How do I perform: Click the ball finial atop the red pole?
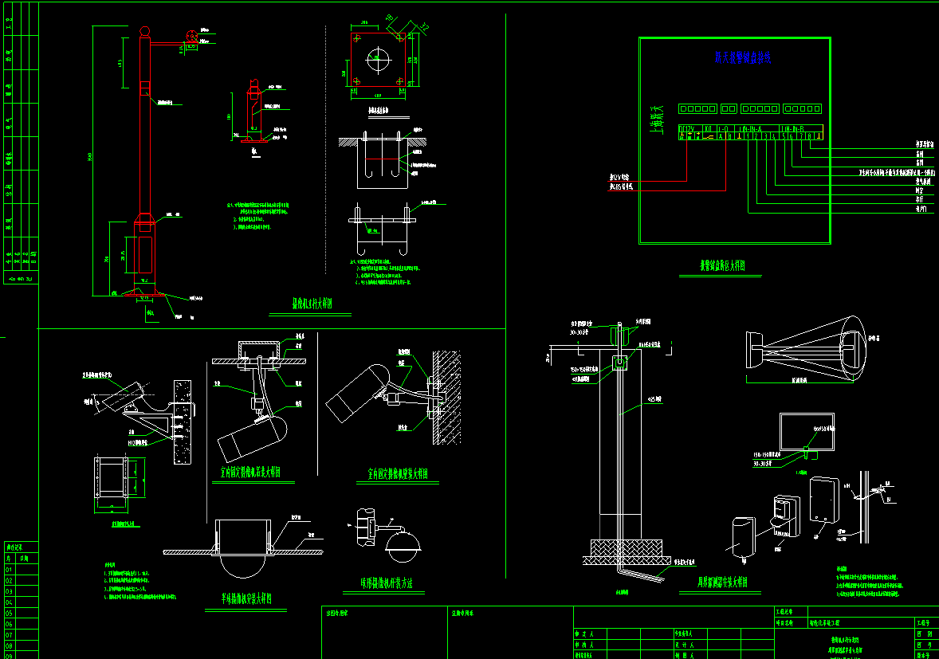tap(144, 31)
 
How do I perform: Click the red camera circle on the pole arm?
tap(192, 36)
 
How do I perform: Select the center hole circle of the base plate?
tap(379, 60)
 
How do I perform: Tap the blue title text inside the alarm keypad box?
tap(743, 57)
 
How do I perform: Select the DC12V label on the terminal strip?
tap(686, 127)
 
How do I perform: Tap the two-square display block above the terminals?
tap(729, 108)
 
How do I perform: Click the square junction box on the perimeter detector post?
tap(619, 363)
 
